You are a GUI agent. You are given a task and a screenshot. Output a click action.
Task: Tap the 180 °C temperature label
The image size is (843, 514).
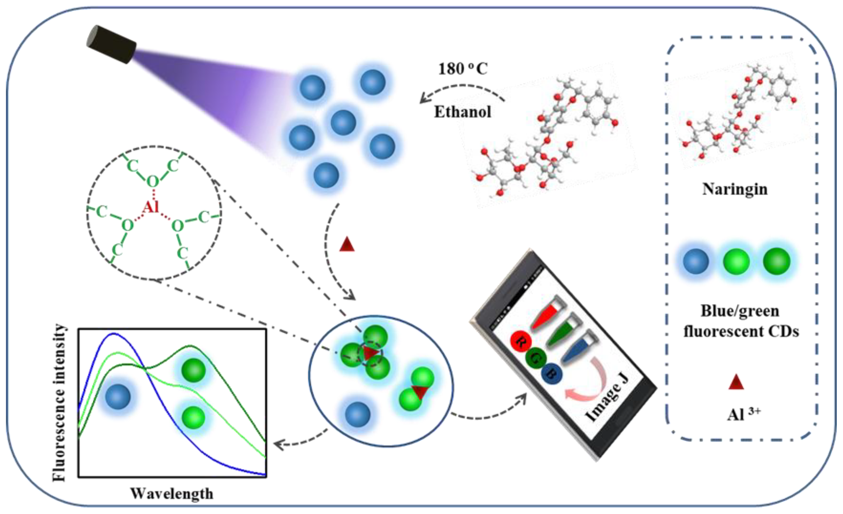point(463,69)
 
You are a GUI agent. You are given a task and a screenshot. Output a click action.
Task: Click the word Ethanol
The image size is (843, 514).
point(463,112)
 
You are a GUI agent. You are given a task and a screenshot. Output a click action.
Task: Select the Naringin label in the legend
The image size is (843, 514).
point(735,189)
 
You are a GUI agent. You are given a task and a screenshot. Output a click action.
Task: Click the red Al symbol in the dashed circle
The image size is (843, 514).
point(150,207)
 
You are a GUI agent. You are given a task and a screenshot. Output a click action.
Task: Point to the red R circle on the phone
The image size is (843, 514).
point(520,341)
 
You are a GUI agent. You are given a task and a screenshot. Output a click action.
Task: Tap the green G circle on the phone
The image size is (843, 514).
point(535,358)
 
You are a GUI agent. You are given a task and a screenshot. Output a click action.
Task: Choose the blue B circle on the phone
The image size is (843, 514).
point(552,374)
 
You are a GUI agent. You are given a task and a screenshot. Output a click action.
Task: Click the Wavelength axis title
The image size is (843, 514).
point(172,493)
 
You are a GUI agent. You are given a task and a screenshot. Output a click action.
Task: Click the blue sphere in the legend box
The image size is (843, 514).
point(696,261)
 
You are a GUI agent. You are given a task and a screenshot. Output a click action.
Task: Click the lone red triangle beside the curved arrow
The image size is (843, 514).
point(347,245)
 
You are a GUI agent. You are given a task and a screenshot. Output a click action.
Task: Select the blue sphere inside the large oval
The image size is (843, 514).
point(357,414)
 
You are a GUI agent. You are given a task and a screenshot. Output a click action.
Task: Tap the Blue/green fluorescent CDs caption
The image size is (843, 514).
point(741,321)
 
